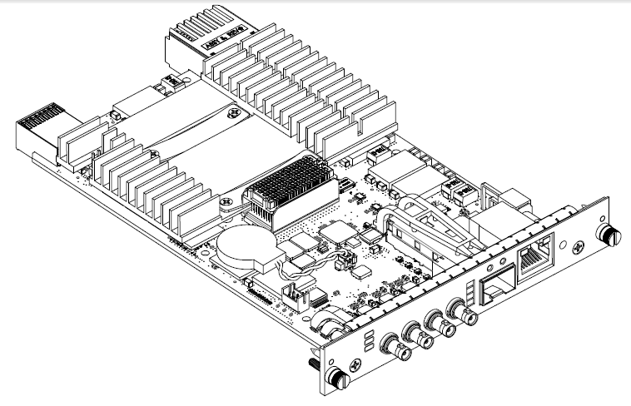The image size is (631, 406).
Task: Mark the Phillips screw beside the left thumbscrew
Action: pos(357,364)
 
